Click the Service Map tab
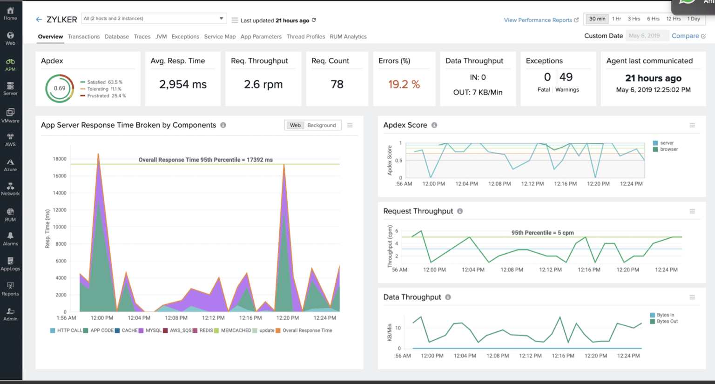pyautogui.click(x=220, y=37)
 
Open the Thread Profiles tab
pyautogui.click(x=305, y=37)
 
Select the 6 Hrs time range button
pyautogui.click(x=653, y=19)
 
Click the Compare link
pyautogui.click(x=685, y=36)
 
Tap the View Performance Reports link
pyautogui.click(x=538, y=20)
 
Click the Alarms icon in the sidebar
pyautogui.click(x=10, y=239)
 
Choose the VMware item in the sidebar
pyautogui.click(x=10, y=115)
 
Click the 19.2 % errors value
pyautogui.click(x=404, y=84)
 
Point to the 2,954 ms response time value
pyautogui.click(x=182, y=84)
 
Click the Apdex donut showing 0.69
pyautogui.click(x=60, y=88)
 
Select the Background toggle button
pyautogui.click(x=321, y=125)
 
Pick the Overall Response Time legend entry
pyautogui.click(x=307, y=330)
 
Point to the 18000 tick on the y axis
pyautogui.click(x=60, y=159)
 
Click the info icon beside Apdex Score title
pyautogui.click(x=434, y=125)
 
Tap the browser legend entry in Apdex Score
pyautogui.click(x=668, y=149)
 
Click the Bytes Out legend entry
pyautogui.click(x=667, y=322)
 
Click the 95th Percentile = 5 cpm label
pyautogui.click(x=542, y=233)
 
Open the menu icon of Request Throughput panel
pyautogui.click(x=692, y=211)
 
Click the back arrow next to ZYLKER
pyautogui.click(x=39, y=20)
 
